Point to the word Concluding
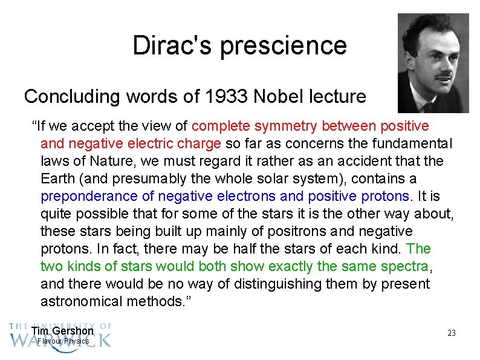tap(66, 97)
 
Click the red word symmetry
tap(286, 126)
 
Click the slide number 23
tap(451, 333)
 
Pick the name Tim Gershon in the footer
tap(62, 331)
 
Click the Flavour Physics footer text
tap(63, 341)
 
